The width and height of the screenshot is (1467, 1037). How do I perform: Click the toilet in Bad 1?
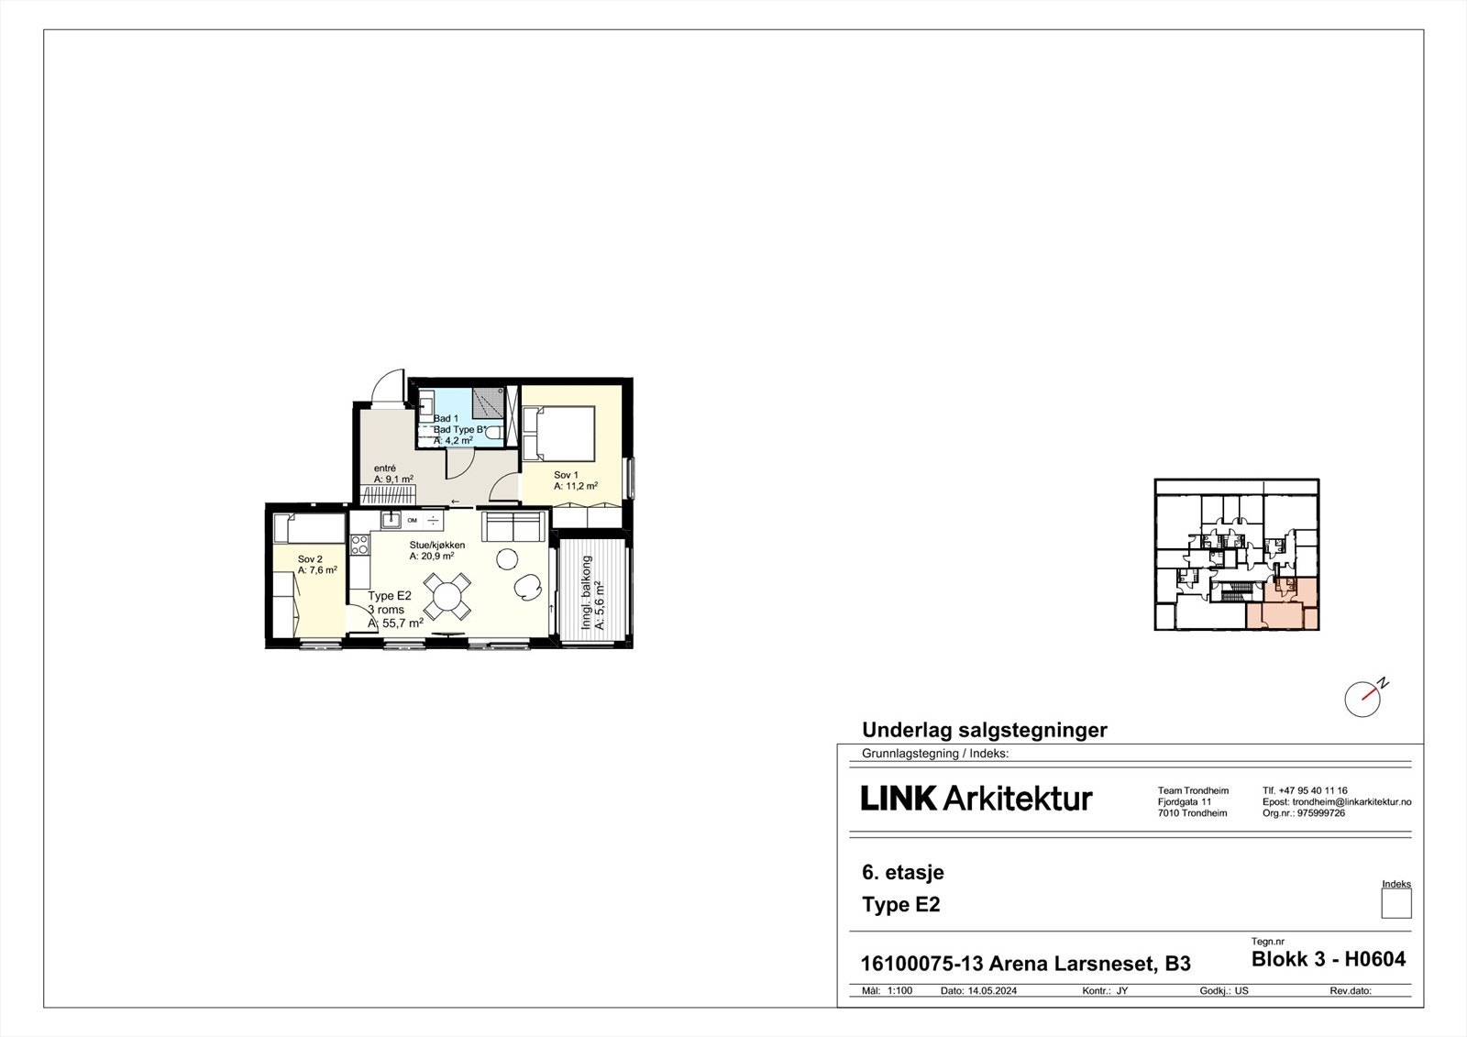[x=494, y=432]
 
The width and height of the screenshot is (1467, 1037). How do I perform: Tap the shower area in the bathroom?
[x=489, y=403]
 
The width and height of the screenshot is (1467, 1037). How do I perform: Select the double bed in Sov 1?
[x=558, y=433]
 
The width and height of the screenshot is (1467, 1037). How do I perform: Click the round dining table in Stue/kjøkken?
[x=448, y=596]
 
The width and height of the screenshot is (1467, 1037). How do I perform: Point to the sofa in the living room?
[x=513, y=527]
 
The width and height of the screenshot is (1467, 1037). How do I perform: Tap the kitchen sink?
[x=392, y=520]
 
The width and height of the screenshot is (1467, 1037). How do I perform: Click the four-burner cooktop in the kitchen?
[x=358, y=545]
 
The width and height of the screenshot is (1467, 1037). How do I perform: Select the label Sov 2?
[x=310, y=559]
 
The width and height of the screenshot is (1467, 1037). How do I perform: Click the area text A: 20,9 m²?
[x=431, y=556]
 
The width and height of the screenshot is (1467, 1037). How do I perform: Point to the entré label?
[x=384, y=468]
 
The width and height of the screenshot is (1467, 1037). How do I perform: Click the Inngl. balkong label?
[x=587, y=592]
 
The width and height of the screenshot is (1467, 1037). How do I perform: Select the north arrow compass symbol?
[x=1363, y=699]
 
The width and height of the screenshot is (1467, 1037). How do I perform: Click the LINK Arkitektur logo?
[x=976, y=799]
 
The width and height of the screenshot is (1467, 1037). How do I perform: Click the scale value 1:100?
[x=899, y=991]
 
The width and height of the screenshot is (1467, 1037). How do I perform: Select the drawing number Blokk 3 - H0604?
[x=1328, y=960]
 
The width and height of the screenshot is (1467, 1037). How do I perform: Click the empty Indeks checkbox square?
[x=1395, y=904]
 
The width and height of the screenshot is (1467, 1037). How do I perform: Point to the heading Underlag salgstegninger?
[x=984, y=731]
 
